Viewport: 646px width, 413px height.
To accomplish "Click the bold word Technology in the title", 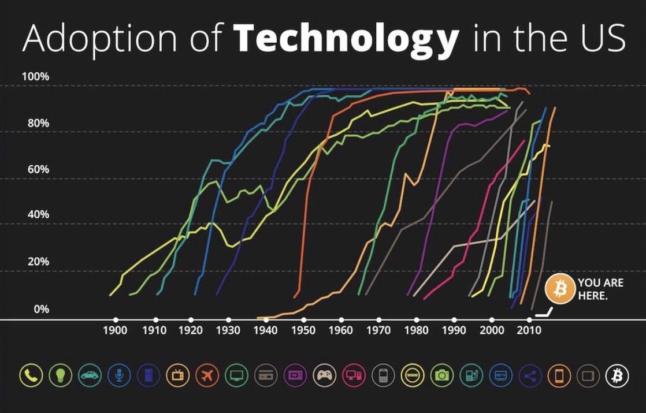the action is [346, 39].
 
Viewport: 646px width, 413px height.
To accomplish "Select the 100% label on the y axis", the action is [35, 77].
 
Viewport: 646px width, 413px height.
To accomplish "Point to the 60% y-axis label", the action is [38, 169].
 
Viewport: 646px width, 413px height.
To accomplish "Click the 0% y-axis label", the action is [41, 309].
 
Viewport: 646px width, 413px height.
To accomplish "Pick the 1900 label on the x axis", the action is [116, 330].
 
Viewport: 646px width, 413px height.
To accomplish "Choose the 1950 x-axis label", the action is [303, 330].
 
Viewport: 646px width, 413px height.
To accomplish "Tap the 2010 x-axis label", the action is [529, 330].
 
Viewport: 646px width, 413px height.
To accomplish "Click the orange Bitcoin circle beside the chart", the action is [560, 289].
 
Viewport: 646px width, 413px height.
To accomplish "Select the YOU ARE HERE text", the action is [600, 289].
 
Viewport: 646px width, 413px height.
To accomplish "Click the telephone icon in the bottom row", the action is [31, 375].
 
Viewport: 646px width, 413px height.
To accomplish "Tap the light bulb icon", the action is [61, 375].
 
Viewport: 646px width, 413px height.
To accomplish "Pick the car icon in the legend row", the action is [90, 375].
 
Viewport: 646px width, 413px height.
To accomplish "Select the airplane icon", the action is [207, 375].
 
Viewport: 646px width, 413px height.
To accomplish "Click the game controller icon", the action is [325, 375].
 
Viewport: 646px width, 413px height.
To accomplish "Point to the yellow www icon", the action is [413, 375].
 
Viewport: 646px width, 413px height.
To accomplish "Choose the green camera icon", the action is [441, 375].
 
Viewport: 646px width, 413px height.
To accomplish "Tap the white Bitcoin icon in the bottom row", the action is [617, 375].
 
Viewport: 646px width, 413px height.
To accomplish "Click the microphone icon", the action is [119, 375].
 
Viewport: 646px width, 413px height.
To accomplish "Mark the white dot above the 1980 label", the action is [417, 319].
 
